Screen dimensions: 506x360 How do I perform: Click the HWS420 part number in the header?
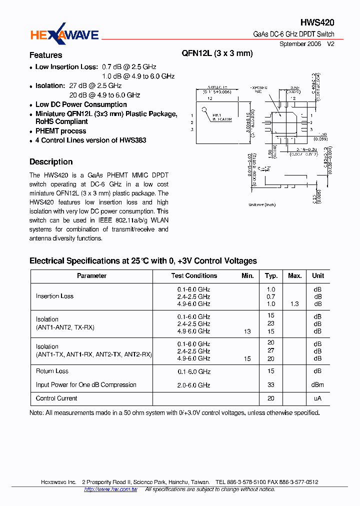point(317,22)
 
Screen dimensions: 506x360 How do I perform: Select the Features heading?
point(45,55)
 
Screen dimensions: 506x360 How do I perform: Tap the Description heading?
point(51,161)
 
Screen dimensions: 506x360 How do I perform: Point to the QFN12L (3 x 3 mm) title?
point(217,53)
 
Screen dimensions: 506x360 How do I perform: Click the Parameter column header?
point(91,276)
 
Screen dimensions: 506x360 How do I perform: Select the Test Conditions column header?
point(194,276)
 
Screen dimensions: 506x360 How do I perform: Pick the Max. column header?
point(295,276)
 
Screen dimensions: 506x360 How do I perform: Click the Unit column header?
point(318,276)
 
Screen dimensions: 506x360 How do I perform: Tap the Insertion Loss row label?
point(54,296)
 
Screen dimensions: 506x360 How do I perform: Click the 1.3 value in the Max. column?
point(295,304)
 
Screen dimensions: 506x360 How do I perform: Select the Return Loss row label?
point(52,371)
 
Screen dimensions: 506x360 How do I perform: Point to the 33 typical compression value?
point(271,385)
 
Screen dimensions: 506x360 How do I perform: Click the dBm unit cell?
point(318,385)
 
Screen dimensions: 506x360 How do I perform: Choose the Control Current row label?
point(56,398)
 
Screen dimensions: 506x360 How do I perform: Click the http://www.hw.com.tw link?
point(110,489)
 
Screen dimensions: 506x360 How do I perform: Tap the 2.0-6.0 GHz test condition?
point(193,385)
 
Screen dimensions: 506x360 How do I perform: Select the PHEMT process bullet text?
point(60,131)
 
